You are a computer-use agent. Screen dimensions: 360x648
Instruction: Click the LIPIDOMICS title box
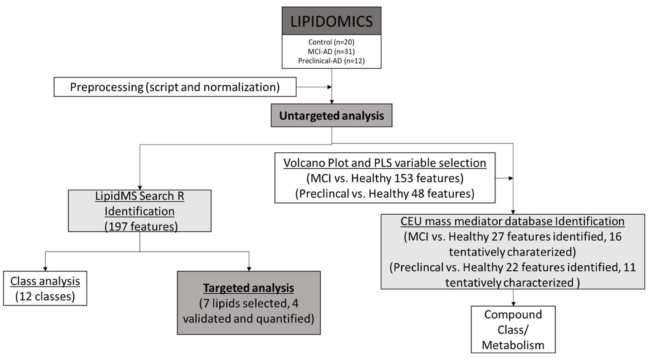[x=331, y=21]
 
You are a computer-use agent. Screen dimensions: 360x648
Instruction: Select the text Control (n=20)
[x=331, y=42]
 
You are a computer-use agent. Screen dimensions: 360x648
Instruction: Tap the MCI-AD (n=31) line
[x=331, y=51]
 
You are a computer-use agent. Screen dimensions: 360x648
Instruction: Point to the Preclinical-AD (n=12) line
[x=331, y=61]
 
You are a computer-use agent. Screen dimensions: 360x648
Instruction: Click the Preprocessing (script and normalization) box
[x=175, y=87]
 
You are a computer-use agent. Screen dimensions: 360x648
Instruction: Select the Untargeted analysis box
[x=331, y=116]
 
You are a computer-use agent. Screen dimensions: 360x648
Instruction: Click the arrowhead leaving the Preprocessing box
[x=329, y=87]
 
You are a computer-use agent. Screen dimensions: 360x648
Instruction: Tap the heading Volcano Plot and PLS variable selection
[x=384, y=163]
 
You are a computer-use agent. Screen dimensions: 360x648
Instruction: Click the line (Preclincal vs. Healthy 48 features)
[x=384, y=194]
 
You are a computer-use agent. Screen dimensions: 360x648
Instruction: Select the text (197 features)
[x=141, y=226]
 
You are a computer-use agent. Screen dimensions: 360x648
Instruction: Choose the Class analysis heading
[x=45, y=281]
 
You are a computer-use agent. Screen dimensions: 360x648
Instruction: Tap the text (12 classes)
[x=45, y=296]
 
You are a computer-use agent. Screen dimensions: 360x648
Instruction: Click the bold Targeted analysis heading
[x=248, y=288]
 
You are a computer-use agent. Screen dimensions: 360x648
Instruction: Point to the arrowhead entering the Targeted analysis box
[x=249, y=269]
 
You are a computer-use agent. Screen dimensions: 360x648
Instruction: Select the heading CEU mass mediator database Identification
[x=512, y=221]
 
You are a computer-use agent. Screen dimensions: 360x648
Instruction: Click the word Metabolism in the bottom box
[x=513, y=345]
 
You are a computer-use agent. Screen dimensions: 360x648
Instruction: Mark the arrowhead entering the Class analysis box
[x=45, y=269]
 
